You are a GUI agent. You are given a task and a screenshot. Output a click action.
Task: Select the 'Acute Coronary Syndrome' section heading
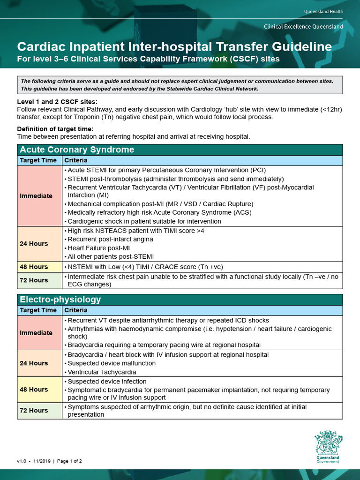pos(76,150)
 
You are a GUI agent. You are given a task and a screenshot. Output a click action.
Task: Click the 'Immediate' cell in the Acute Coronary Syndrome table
pos(36,196)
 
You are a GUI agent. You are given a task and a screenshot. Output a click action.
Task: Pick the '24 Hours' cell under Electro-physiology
pos(34,363)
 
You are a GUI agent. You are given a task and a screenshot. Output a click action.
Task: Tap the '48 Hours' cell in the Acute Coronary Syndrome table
pos(34,267)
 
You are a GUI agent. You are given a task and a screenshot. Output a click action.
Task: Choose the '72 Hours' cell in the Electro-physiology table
pos(34,411)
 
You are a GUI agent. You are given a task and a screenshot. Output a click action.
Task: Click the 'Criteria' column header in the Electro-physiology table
pos(76,310)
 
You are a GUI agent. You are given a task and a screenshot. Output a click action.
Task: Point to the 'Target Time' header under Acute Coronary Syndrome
pos(38,160)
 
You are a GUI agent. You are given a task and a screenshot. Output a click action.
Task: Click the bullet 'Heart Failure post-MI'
pos(99,248)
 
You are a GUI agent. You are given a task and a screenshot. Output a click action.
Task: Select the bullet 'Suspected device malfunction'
pos(112,363)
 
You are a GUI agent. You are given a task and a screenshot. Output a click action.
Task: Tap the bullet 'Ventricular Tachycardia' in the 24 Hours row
pos(102,372)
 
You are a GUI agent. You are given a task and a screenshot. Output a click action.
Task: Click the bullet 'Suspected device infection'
pos(107,382)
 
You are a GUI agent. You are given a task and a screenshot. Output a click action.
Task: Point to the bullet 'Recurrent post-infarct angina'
pos(111,239)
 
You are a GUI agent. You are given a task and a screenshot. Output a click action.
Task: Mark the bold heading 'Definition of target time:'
pos(55,129)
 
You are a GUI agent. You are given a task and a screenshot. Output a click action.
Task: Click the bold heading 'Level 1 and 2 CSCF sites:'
pos(58,102)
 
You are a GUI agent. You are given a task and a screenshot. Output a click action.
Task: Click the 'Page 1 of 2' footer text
pos(69,461)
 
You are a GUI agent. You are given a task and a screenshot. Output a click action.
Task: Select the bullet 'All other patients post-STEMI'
pos(111,257)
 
